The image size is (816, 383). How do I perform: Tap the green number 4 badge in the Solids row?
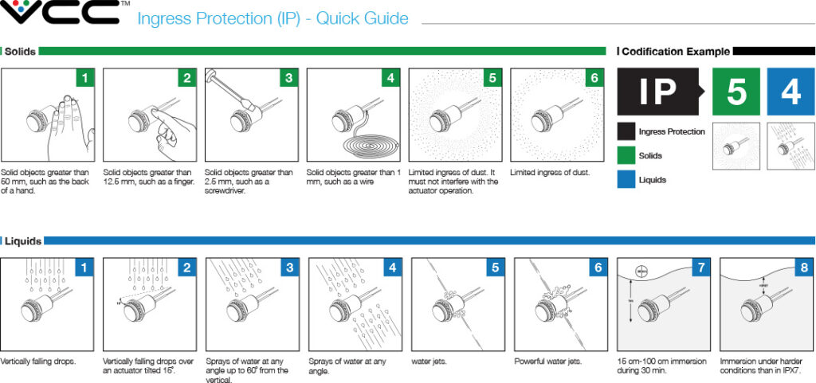pos(390,78)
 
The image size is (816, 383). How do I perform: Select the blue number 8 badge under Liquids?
pos(803,268)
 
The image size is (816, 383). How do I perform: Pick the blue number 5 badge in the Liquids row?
pos(495,268)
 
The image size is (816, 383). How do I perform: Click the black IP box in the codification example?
pos(658,92)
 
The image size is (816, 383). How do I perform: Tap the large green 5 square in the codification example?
pos(736,92)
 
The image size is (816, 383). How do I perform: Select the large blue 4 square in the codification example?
pos(790,92)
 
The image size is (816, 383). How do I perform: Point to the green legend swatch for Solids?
pos(626,155)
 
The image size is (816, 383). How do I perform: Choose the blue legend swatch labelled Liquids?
pos(626,180)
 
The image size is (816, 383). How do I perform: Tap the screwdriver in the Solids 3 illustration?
pos(227,88)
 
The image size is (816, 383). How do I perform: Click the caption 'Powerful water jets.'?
pos(548,362)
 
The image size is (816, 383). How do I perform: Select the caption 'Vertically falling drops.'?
pos(38,362)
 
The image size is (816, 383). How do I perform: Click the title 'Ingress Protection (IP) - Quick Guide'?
pos(273,18)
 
